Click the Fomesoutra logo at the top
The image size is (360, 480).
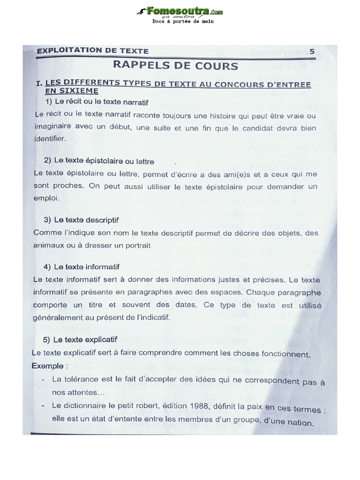point(180,11)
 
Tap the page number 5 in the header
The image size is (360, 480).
point(312,52)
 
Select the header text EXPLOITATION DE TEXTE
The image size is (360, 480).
point(92,51)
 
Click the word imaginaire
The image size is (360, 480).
point(52,127)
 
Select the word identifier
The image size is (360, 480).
point(49,139)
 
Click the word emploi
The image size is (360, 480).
point(46,198)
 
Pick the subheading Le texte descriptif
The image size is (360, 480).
point(82,220)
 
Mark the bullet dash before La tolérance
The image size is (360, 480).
point(43,378)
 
